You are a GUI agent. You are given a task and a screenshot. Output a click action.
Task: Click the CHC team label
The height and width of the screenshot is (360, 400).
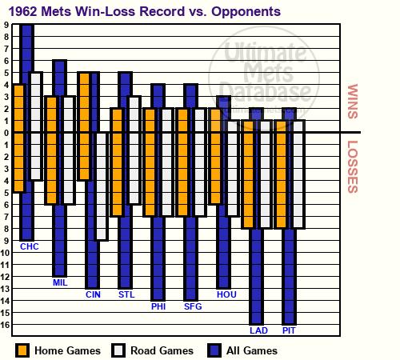click(x=30, y=246)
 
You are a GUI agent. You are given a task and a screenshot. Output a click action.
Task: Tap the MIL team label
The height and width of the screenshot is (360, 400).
click(x=60, y=282)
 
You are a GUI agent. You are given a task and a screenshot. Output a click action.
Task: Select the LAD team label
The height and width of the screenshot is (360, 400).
click(x=258, y=330)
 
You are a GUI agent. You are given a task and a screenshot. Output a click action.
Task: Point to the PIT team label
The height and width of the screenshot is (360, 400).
click(x=289, y=330)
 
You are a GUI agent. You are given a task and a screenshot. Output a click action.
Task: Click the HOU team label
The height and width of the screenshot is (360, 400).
click(x=226, y=294)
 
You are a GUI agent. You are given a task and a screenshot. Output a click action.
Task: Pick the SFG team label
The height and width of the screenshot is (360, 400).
click(x=193, y=306)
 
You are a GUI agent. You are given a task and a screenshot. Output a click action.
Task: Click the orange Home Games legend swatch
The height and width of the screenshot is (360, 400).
click(x=22, y=350)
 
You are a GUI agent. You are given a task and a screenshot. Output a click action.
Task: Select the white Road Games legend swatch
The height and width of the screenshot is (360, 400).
click(x=118, y=350)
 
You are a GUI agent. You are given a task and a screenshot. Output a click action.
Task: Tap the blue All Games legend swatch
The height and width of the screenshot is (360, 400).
click(x=214, y=350)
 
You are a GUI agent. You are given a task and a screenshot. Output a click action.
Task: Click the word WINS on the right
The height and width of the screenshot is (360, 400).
click(x=353, y=102)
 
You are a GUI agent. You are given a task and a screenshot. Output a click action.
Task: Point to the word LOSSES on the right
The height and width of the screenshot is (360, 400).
click(x=353, y=167)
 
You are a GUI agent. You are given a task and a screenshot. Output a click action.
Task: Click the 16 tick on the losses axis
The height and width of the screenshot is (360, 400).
click(x=5, y=325)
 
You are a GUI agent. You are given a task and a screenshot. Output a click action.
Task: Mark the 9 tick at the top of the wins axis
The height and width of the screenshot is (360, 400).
click(x=6, y=25)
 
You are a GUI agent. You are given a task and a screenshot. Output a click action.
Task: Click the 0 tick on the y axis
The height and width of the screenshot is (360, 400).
click(x=6, y=133)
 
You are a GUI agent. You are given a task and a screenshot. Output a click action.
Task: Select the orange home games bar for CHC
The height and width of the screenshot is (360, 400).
click(x=18, y=138)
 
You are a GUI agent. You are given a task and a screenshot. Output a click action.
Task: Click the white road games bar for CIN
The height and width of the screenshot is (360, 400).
click(x=102, y=186)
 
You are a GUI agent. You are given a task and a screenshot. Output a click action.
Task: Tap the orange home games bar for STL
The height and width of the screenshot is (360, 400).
click(x=117, y=162)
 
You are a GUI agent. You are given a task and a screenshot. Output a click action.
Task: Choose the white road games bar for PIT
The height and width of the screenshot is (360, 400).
click(x=298, y=174)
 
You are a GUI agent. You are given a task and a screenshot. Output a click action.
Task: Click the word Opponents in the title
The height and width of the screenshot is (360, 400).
click(x=246, y=12)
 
